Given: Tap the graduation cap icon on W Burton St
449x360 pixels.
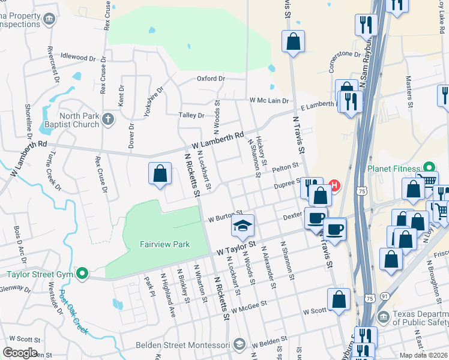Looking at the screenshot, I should pyautogui.click(x=242, y=226).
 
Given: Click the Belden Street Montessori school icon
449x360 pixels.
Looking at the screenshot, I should pyautogui.click(x=239, y=344).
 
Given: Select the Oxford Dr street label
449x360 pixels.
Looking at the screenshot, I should pyautogui.click(x=211, y=79).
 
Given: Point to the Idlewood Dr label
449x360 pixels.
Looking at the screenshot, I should pyautogui.click(x=74, y=56).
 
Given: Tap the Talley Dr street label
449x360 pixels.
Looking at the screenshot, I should pyautogui.click(x=191, y=115).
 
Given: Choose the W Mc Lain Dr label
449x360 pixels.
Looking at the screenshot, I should pyautogui.click(x=269, y=101).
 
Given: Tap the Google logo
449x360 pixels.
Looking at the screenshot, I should pyautogui.click(x=20, y=353).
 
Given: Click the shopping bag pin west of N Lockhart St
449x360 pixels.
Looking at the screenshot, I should pyautogui.click(x=160, y=174).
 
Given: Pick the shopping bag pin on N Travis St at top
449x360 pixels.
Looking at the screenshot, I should pyautogui.click(x=294, y=42).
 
